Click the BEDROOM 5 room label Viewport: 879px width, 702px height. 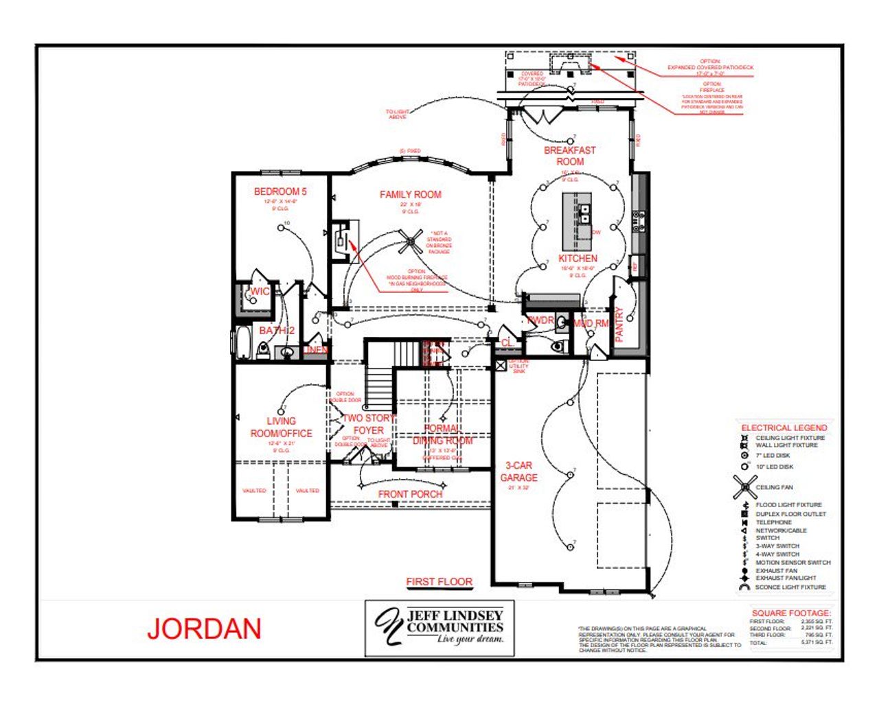tap(280, 191)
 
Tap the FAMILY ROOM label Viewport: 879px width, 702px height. tap(411, 194)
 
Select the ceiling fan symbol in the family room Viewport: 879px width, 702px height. tap(413, 241)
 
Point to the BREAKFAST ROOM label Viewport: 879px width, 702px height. tap(570, 156)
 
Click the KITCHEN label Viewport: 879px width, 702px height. tap(578, 258)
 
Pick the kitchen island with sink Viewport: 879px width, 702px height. tap(578, 221)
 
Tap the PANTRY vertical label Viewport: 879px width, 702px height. tap(619, 324)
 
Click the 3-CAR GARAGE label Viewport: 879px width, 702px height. tap(518, 471)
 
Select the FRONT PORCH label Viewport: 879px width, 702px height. tap(411, 494)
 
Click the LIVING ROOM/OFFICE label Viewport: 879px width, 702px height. tap(281, 427)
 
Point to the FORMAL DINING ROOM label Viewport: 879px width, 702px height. tap(442, 434)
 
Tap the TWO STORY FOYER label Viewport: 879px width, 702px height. tap(369, 424)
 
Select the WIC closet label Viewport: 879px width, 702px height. tap(260, 292)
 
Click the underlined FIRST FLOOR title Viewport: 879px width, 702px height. tap(439, 581)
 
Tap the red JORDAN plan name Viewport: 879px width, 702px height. tap(204, 629)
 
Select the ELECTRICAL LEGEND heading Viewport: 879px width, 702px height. tap(784, 428)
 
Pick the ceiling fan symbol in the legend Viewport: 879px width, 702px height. tap(745, 487)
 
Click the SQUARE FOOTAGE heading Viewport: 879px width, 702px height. tap(790, 613)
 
